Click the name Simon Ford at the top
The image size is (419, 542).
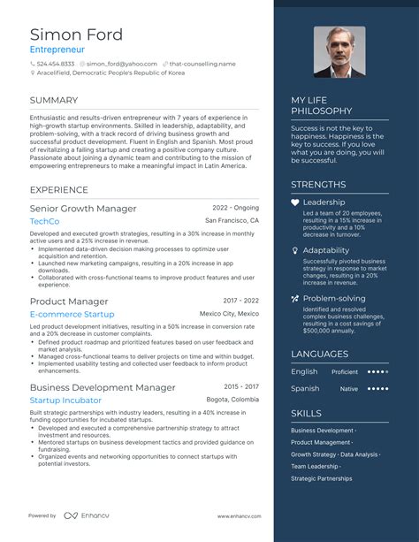point(76,34)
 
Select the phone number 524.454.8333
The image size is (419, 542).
point(56,64)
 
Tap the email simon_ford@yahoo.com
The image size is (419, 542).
point(121,64)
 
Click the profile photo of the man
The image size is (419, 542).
point(339,52)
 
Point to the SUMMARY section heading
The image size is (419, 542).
point(53,100)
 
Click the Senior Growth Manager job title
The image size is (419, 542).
point(83,209)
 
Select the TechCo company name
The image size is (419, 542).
point(44,221)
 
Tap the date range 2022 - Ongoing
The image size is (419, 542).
point(235,208)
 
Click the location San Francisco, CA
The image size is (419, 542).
point(232,220)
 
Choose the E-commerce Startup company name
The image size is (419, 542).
point(72,314)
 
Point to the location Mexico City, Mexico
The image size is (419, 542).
point(229,313)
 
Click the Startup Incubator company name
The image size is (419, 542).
point(65,400)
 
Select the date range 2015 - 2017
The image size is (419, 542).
point(241,386)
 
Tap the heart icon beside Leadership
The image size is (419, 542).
point(295,202)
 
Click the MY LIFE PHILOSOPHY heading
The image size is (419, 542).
point(322,106)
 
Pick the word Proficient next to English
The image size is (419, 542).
point(345,372)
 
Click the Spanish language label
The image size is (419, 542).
point(305,388)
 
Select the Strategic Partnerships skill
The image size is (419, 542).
point(322,478)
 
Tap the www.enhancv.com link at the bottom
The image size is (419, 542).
point(238,515)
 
